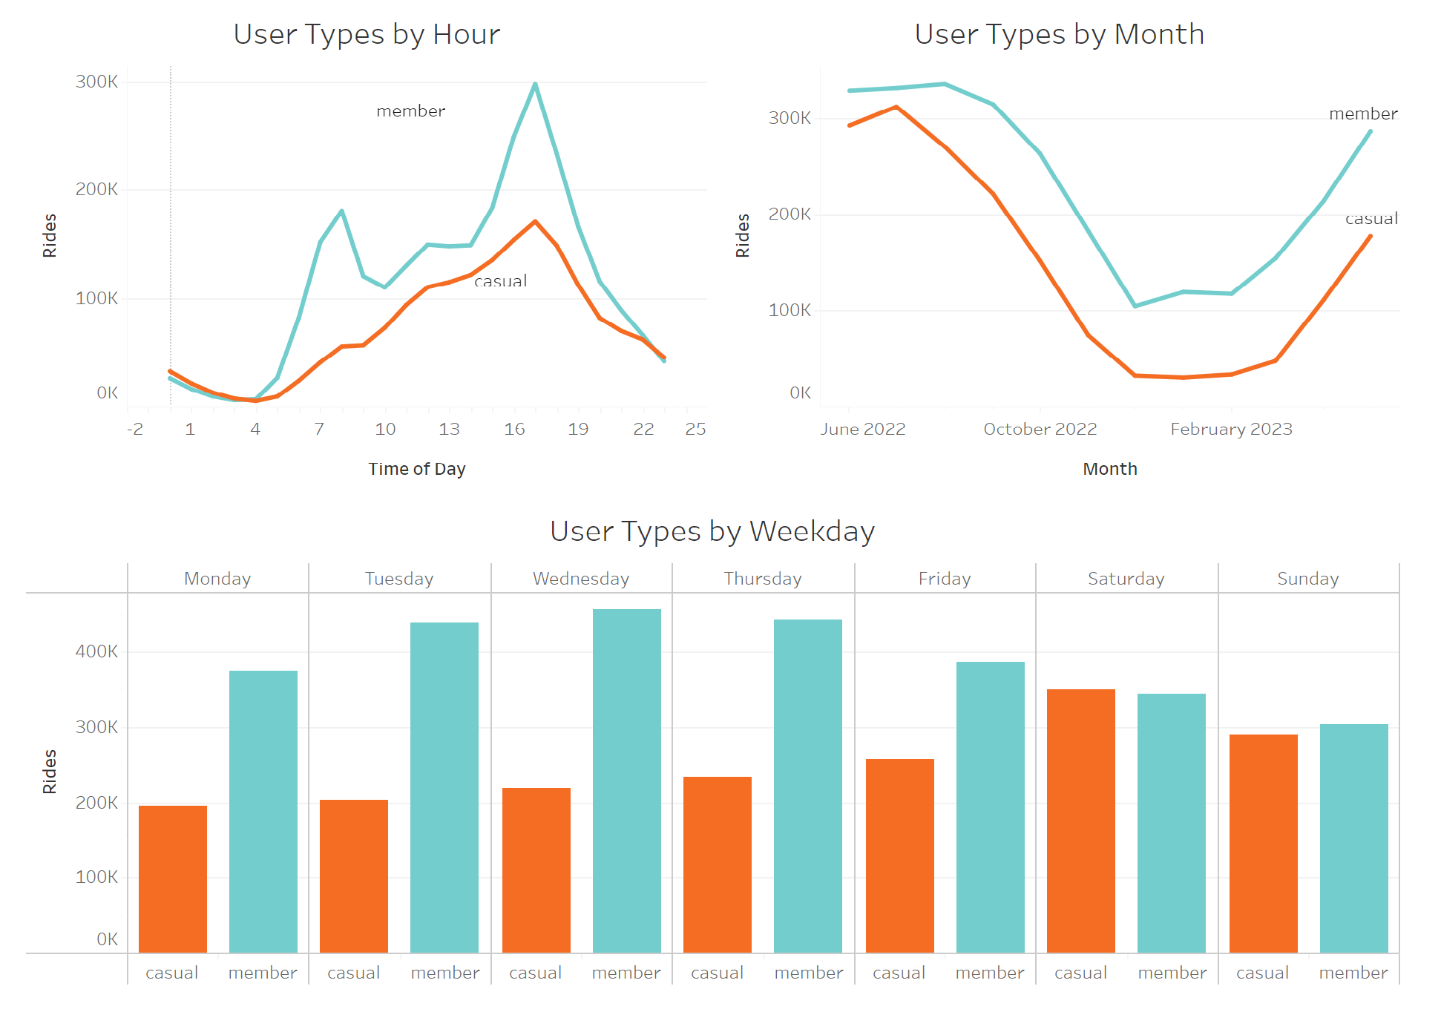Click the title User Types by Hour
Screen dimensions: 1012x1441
point(367,35)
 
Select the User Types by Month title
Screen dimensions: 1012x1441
point(1059,35)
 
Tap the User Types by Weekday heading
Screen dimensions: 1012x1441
point(712,532)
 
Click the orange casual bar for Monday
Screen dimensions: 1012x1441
point(173,879)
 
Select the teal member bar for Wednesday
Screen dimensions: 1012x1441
point(626,781)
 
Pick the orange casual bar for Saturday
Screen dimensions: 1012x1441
point(1080,821)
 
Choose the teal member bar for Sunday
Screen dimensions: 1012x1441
point(1353,838)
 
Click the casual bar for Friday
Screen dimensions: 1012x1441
point(899,855)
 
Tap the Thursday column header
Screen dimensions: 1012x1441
point(763,579)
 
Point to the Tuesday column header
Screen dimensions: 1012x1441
point(399,579)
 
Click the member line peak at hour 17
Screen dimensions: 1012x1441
point(535,84)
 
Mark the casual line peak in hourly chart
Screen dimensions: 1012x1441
point(535,221)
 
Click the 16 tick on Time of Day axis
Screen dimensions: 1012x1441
point(514,429)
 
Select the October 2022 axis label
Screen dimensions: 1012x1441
point(1040,429)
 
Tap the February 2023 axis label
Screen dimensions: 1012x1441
point(1231,429)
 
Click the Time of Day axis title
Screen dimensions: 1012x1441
point(416,469)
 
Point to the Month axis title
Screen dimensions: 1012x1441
point(1109,469)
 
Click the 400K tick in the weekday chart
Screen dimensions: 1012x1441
point(96,651)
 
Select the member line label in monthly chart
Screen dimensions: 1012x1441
point(1362,114)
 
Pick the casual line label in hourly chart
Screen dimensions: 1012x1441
point(500,280)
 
